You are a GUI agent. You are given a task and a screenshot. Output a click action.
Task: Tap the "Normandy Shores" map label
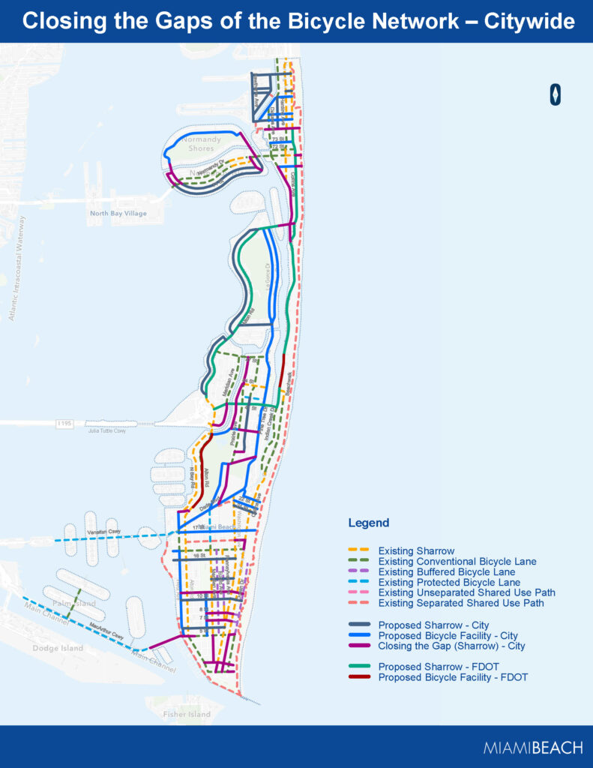201,143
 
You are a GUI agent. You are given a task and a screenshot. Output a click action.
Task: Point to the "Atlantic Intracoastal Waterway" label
16,268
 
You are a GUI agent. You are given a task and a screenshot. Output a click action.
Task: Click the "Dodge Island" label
55,647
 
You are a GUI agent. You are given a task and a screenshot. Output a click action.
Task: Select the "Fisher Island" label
185,714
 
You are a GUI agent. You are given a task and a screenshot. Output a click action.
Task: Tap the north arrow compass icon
556,94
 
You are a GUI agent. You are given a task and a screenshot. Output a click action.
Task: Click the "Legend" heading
368,523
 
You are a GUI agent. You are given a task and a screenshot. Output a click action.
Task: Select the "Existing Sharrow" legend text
416,551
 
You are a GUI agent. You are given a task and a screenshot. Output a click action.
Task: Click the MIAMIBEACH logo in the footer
533,748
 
